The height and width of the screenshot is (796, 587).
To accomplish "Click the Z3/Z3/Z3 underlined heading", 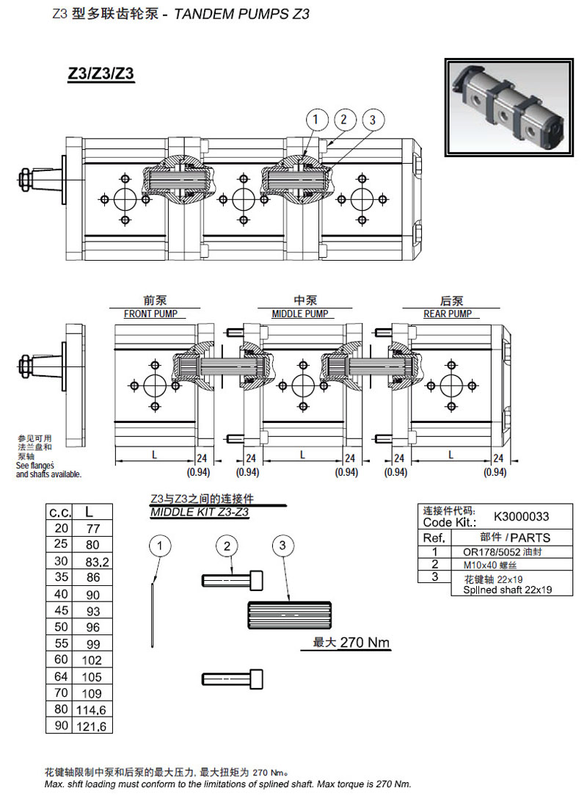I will pyautogui.click(x=101, y=74).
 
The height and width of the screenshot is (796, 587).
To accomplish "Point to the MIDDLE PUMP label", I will pyautogui.click(x=300, y=314).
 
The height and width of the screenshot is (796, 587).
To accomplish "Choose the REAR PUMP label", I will pyautogui.click(x=448, y=314).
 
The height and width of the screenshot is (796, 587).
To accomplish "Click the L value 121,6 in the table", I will pyautogui.click(x=92, y=726).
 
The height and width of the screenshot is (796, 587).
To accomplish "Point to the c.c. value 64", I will pyautogui.click(x=60, y=676).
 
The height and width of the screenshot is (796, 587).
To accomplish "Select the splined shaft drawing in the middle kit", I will pyautogui.click(x=293, y=612).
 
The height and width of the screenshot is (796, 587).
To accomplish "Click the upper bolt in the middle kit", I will pyautogui.click(x=232, y=579).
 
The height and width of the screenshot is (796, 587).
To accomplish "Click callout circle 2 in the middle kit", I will pyautogui.click(x=227, y=546).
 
